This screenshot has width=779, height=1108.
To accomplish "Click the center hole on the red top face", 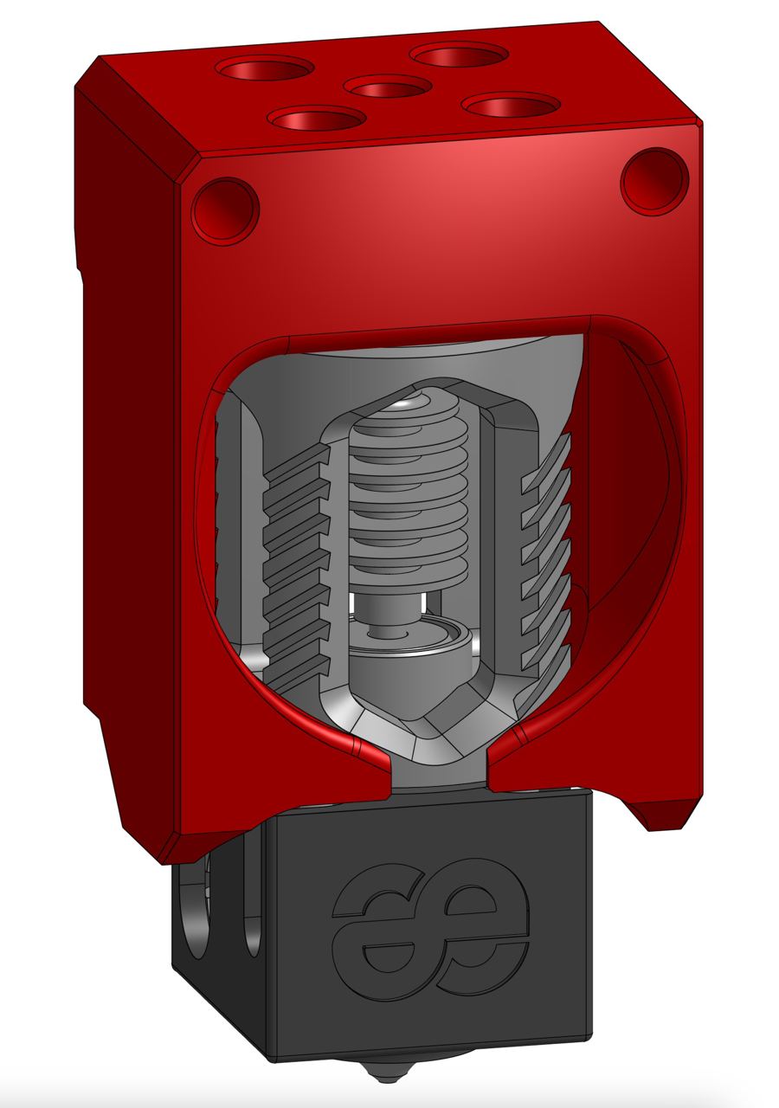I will pos(387,86).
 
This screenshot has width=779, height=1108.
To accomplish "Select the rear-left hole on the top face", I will pos(265,67).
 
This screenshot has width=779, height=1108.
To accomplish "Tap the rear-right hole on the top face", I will pos(459,55).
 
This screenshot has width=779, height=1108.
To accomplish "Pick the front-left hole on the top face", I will pos(317,118).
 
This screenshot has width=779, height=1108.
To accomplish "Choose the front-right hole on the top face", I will pos(511,105).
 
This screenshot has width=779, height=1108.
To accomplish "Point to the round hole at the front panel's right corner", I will pos(655,181).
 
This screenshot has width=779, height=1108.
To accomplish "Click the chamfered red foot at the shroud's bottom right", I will pos(666,814).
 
